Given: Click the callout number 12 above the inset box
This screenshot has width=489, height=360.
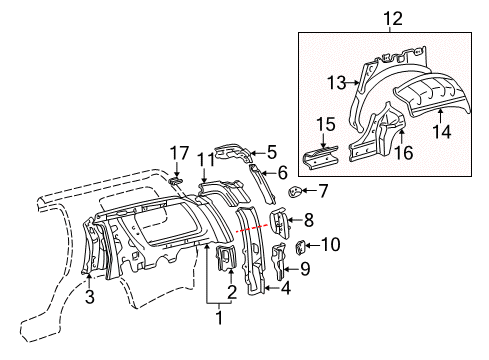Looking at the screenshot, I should click(x=387, y=17).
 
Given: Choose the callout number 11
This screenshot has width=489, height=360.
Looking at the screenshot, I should click(x=205, y=158).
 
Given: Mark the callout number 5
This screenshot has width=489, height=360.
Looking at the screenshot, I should click(x=270, y=153).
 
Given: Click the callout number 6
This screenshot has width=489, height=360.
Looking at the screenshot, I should click(x=283, y=171).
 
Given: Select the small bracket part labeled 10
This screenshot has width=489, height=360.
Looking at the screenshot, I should click(x=301, y=246).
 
